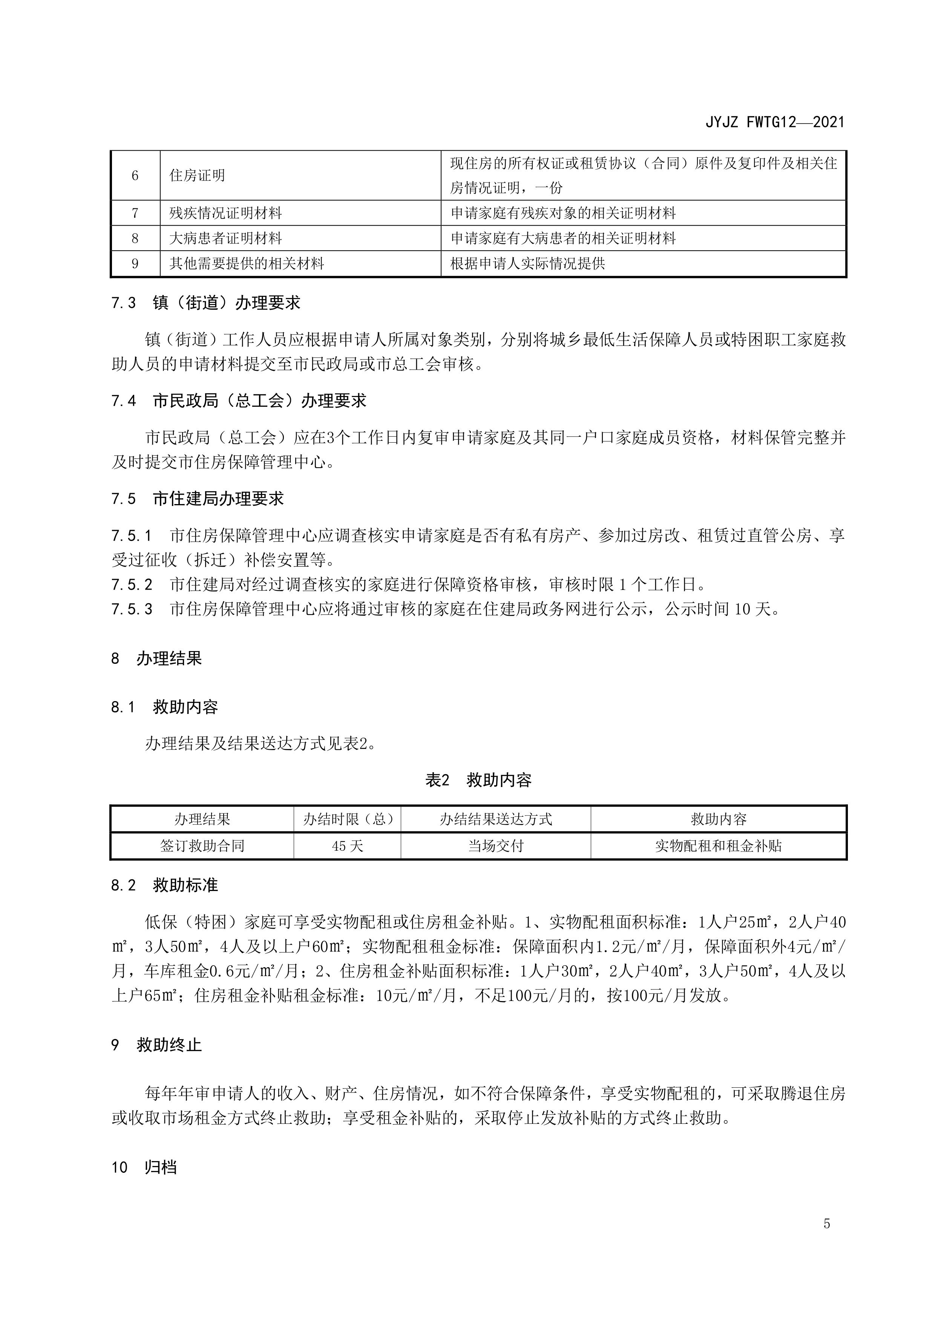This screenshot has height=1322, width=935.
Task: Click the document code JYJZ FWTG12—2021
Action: point(774,122)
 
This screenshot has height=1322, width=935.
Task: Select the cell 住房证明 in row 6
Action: point(197,176)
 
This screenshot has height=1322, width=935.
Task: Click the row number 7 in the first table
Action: point(135,213)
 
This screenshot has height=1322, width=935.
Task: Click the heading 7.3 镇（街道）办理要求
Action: point(206,303)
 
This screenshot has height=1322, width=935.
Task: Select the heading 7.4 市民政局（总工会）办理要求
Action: point(239,401)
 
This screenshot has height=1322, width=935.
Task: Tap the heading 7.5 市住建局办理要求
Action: point(197,499)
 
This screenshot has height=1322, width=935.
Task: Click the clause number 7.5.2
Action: point(132,585)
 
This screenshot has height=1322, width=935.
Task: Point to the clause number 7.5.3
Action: point(132,609)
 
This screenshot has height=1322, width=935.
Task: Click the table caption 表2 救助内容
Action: point(478,780)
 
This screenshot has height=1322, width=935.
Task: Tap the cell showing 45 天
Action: point(347,846)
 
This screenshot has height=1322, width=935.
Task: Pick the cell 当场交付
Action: point(495,846)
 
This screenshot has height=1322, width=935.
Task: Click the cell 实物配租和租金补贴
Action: point(718,846)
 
